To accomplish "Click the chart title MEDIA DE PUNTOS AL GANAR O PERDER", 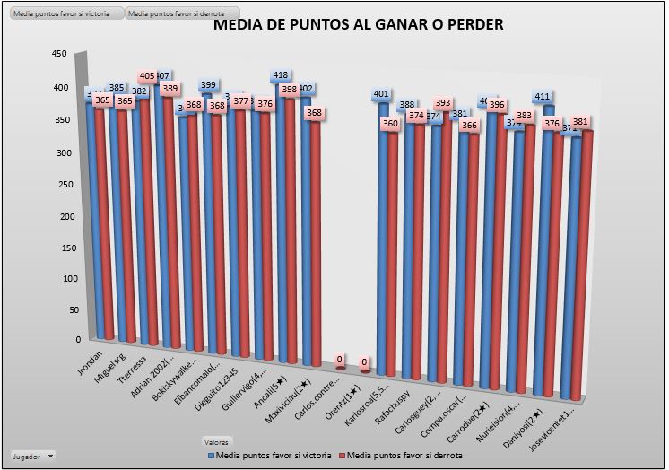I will pos(358,24).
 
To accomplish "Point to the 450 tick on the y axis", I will pos(59,54).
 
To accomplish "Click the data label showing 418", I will pos(280,75).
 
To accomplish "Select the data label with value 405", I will pos(148,76).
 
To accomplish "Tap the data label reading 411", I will pos(542,96).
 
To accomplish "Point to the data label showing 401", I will pos(381,94).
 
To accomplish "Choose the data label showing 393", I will pos(442,104).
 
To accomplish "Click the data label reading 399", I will pos(208,85).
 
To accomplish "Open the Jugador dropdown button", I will pos(35,456).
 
